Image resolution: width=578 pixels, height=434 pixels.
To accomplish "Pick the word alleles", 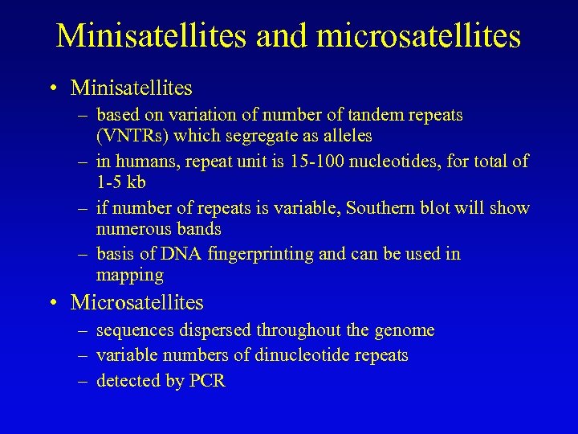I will [346, 136].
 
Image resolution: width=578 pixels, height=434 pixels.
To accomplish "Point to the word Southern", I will [384, 208].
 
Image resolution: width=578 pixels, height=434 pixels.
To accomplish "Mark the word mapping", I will [129, 276].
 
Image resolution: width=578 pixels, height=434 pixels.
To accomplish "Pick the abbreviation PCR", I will [207, 381].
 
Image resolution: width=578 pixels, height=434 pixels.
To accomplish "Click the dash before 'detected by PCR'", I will [83, 381].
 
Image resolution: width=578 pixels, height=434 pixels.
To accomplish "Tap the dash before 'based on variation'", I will [83, 115].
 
